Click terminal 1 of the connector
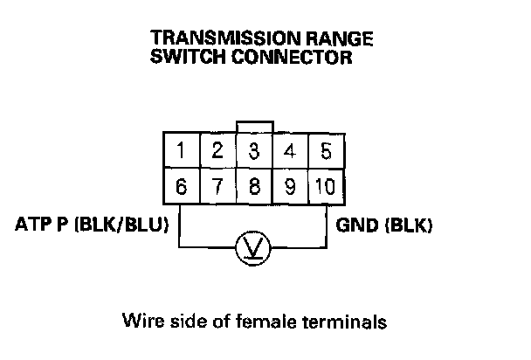pyautogui.click(x=180, y=150)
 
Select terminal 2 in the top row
pyautogui.click(x=217, y=150)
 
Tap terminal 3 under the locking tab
pyautogui.click(x=253, y=150)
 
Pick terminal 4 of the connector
pyautogui.click(x=290, y=150)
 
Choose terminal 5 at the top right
pyautogui.click(x=326, y=150)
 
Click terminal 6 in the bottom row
pyautogui.click(x=180, y=185)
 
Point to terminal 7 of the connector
pyautogui.click(x=217, y=185)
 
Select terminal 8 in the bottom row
pyautogui.click(x=253, y=185)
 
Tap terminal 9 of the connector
pyautogui.click(x=290, y=185)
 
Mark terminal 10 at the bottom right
pyautogui.click(x=326, y=185)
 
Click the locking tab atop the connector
pyautogui.click(x=254, y=128)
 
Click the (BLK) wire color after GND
pyautogui.click(x=405, y=225)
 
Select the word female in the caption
pyautogui.click(x=270, y=322)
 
